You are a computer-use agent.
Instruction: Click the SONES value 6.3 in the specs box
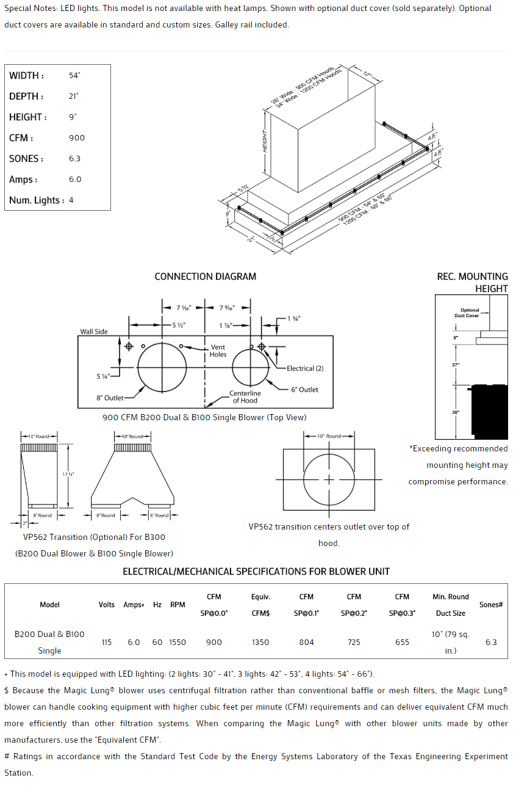(74, 159)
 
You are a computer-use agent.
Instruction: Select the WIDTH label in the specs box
(26, 76)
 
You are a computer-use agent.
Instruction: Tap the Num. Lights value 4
(71, 200)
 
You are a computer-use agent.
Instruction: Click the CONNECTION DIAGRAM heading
(205, 277)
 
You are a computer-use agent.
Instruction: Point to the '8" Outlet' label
(110, 398)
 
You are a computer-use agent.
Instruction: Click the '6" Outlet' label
(304, 390)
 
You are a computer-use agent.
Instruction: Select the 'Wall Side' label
(93, 332)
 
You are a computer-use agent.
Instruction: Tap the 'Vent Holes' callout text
(218, 351)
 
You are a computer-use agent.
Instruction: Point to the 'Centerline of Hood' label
(245, 397)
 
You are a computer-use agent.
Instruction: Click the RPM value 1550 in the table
(177, 642)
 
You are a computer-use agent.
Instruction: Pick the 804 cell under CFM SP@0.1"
(306, 642)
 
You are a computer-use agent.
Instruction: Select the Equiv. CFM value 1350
(260, 642)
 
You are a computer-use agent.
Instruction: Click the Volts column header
(107, 605)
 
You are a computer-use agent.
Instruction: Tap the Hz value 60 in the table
(157, 642)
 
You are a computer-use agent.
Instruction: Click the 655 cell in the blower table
(402, 642)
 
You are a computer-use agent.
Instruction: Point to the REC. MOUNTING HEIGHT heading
(472, 282)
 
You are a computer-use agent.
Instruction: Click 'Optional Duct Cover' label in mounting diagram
(470, 313)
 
